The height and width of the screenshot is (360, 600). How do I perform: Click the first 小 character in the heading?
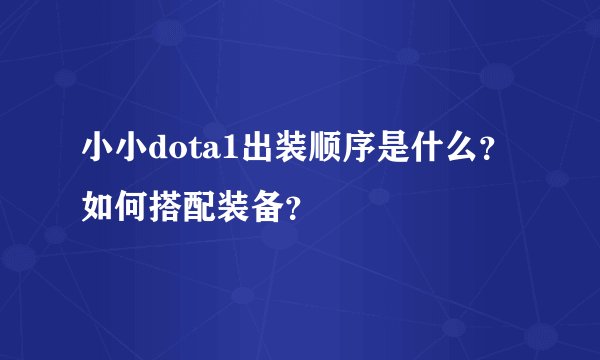pos(98,151)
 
